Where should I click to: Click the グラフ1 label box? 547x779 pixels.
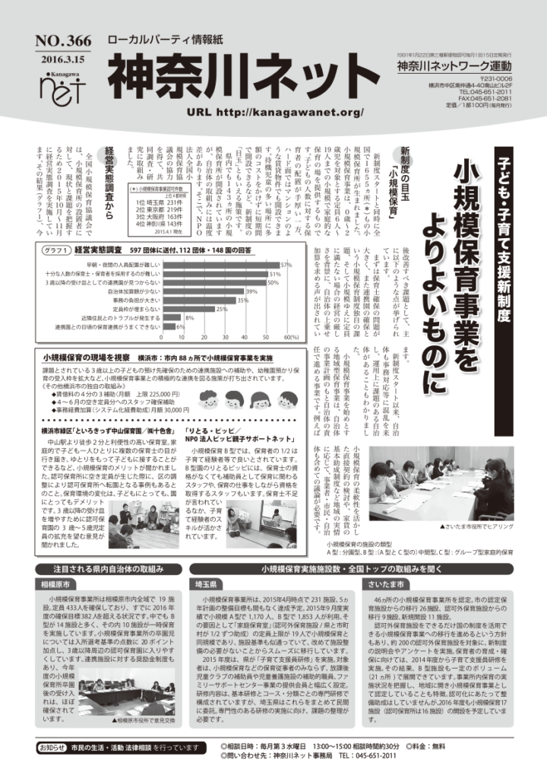click(x=52, y=249)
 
